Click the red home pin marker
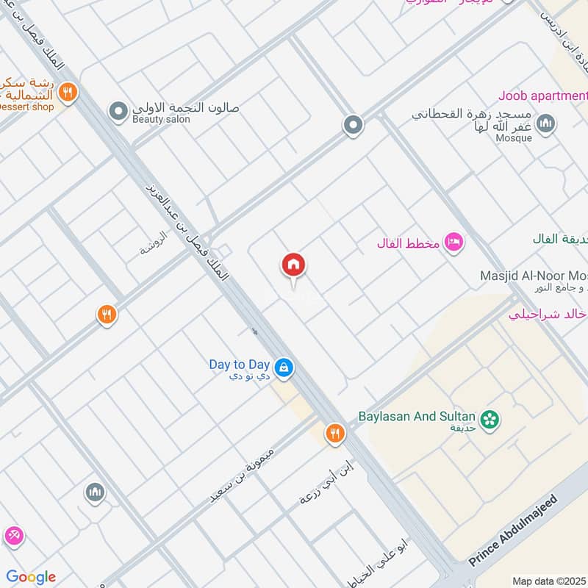click(293, 266)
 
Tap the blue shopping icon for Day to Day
click(283, 366)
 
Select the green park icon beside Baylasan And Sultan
click(490, 420)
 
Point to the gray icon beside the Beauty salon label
click(118, 112)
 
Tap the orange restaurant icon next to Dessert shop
click(67, 93)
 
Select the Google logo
click(31, 577)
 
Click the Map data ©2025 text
click(548, 581)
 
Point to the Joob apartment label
click(543, 96)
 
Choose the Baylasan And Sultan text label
click(417, 416)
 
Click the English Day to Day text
click(240, 364)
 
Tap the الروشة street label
click(155, 245)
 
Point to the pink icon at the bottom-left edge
click(12, 536)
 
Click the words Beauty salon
click(161, 119)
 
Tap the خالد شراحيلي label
click(548, 315)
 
